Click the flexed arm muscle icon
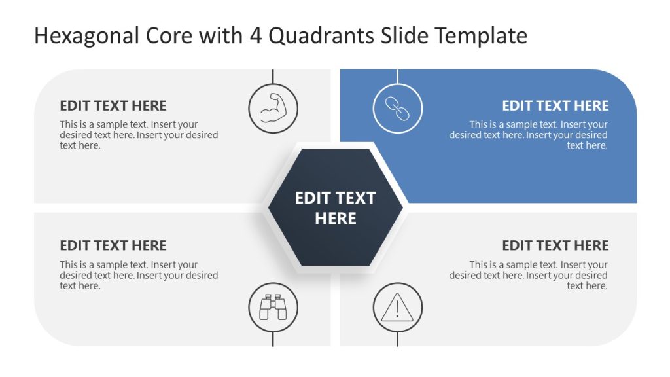(273, 108)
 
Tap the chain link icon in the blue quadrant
(397, 108)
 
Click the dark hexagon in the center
(335, 207)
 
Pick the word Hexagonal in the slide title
(86, 36)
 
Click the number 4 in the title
(255, 36)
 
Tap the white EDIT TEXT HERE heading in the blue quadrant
(555, 105)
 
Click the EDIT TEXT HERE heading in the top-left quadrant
(113, 105)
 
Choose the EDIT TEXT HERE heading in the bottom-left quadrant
(113, 245)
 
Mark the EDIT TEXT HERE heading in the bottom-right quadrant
(555, 245)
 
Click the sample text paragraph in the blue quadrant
(529, 135)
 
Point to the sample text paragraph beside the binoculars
(139, 275)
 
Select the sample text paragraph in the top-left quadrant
(139, 135)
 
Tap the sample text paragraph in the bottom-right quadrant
(529, 275)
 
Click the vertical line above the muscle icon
(273, 76)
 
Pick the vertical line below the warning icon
(397, 339)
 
